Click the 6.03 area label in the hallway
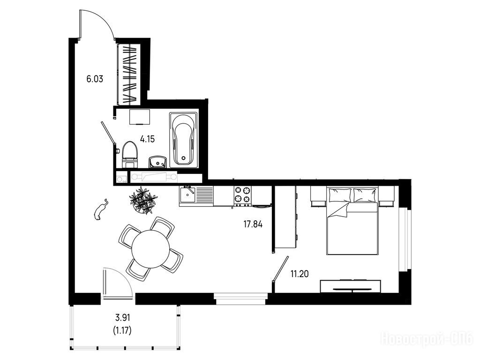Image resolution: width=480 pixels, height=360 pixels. click(95, 79)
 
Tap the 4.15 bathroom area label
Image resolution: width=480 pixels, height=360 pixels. click(147, 140)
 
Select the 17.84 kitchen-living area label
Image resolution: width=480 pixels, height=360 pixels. click(253, 225)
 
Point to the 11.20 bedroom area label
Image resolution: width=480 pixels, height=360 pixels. click(300, 274)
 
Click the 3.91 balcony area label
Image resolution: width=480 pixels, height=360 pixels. click(123, 318)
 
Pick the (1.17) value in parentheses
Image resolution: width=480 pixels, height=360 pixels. click(122, 330)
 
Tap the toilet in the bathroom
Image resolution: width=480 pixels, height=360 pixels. click(130, 154)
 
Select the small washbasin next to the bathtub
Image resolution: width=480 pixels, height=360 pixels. click(157, 162)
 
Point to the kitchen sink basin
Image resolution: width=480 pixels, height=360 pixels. click(187, 195)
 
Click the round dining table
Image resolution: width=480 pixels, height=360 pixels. click(150, 248)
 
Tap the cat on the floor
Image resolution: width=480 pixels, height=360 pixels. click(101, 210)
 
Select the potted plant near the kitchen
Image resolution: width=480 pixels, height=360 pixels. click(143, 200)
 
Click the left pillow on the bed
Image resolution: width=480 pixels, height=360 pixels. click(340, 195)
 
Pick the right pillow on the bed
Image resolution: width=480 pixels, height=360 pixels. click(365, 195)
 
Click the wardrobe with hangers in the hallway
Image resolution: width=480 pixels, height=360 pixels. click(129, 75)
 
